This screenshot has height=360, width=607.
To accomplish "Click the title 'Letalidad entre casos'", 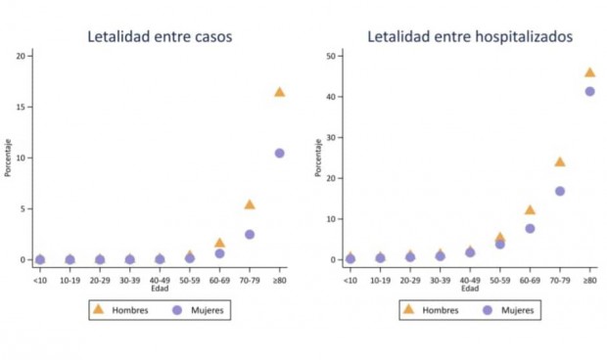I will [x=160, y=37].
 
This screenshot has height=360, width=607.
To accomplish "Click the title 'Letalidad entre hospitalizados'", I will [x=470, y=37].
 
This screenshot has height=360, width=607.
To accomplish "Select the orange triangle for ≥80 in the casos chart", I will [x=279, y=92].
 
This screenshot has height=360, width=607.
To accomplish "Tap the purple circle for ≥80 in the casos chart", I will [x=279, y=153].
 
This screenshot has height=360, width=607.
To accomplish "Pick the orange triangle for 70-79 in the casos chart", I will [x=250, y=204].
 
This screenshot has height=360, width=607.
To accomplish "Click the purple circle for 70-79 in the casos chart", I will [x=250, y=235].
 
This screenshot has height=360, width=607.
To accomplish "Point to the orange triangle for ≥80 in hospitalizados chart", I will [x=590, y=72].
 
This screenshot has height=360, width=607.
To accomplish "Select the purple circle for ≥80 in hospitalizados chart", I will [x=590, y=91].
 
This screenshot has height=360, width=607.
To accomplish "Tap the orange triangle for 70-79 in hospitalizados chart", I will [x=560, y=162].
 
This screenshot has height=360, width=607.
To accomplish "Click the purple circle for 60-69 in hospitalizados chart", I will [x=530, y=228].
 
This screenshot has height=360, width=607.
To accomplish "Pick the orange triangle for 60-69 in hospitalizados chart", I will [x=530, y=210].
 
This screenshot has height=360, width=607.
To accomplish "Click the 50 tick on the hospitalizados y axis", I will [x=334, y=56].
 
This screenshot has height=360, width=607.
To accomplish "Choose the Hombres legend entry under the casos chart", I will [x=117, y=310].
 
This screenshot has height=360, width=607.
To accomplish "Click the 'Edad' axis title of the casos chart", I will [x=159, y=289].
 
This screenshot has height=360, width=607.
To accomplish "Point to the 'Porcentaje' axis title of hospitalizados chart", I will [x=318, y=157].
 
